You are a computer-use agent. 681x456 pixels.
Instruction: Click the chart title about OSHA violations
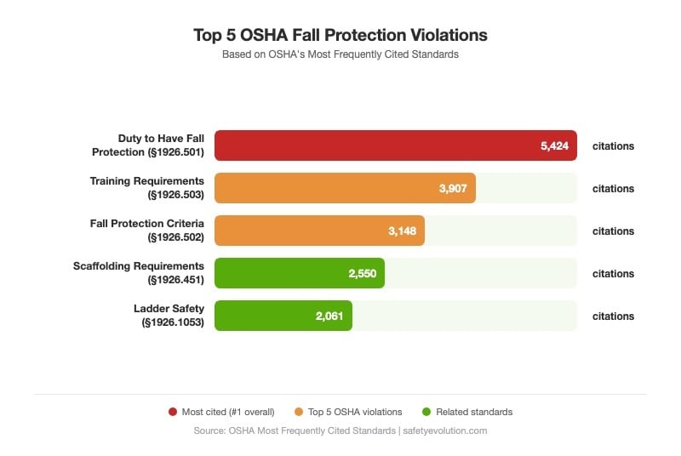click(340, 36)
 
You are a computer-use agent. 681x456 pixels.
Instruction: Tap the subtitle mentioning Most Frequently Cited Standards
click(340, 54)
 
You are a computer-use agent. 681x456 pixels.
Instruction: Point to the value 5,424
click(554, 145)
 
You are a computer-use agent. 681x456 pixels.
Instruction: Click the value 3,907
click(453, 188)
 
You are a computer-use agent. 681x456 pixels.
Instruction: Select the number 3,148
click(402, 231)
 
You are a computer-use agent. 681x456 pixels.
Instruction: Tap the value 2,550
click(362, 273)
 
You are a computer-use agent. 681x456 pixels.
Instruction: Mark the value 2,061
click(329, 316)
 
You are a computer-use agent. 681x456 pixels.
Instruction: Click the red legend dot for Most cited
click(173, 412)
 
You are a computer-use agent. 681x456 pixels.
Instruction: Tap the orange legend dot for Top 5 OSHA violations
click(299, 412)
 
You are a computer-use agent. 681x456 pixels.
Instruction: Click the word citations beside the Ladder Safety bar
click(613, 316)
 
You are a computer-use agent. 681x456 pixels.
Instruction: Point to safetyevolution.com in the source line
click(445, 430)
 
